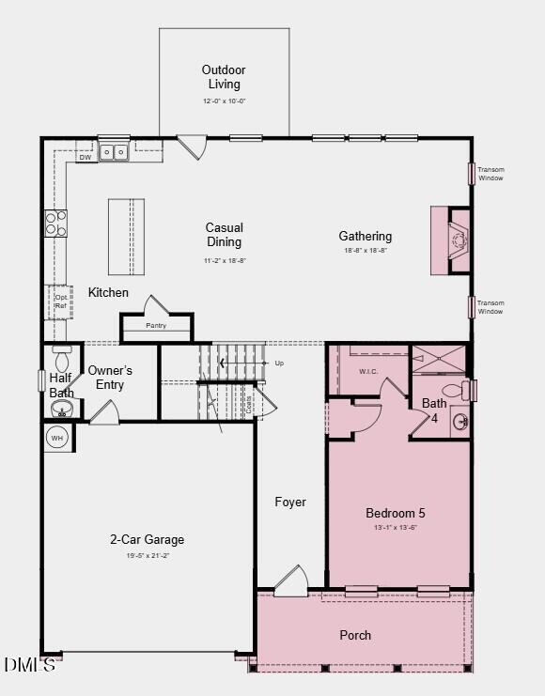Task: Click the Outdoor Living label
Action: pos(224,76)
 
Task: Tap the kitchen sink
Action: pos(115,151)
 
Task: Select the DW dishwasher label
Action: pos(85,158)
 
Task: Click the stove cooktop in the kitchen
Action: pos(56,224)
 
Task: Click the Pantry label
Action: pos(156,326)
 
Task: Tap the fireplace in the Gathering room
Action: pos(458,240)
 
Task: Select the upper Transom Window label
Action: pos(490,174)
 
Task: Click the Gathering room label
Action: pos(366,237)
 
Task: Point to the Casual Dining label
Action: pos(225,235)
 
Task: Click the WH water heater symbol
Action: pos(56,438)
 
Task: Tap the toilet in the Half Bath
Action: pos(63,362)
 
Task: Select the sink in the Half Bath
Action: pos(63,409)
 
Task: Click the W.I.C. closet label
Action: pos(369,371)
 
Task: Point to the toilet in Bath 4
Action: pos(453,390)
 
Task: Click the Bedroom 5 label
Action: pos(396,514)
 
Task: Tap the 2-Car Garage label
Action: pos(147,540)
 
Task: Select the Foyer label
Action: pos(290,503)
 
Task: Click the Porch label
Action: pos(355,635)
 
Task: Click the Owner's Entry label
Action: pos(110,378)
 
